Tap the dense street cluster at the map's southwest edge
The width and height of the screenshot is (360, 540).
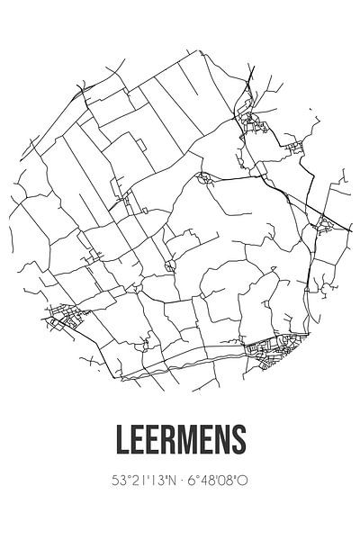[63, 317]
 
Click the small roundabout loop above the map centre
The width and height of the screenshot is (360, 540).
[206, 177]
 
